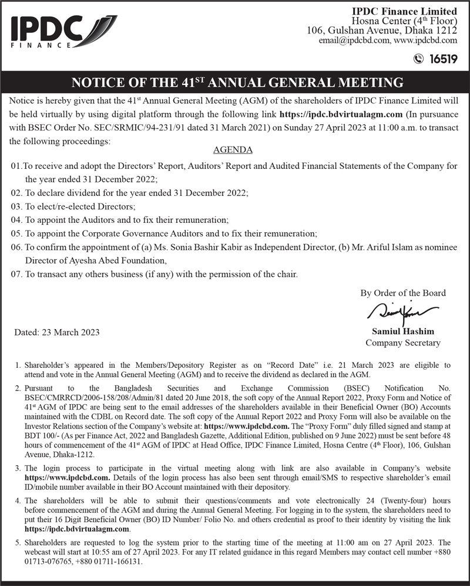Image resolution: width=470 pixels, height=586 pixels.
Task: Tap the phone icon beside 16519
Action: pyautogui.click(x=418, y=58)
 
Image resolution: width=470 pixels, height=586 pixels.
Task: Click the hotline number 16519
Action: pyautogui.click(x=443, y=58)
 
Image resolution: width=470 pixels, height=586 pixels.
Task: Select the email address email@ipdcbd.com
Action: pyautogui.click(x=354, y=41)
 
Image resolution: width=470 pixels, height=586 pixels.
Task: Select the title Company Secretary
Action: pyautogui.click(x=402, y=343)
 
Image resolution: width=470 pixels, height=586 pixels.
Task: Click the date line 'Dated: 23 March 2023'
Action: pyautogui.click(x=56, y=333)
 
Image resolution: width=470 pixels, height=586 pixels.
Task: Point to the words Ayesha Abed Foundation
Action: pyautogui.click(x=117, y=260)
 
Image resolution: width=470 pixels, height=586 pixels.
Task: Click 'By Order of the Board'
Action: pyautogui.click(x=402, y=293)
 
